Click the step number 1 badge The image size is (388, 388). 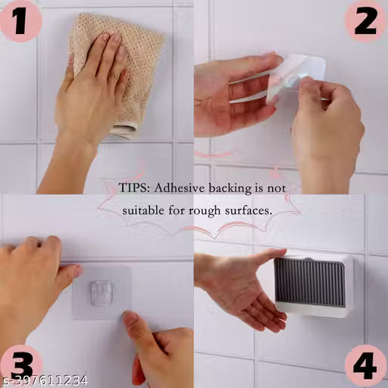coord(20,21)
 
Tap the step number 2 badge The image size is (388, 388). coord(365,21)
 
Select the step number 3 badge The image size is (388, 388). coord(20,365)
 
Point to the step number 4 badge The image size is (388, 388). coord(365,365)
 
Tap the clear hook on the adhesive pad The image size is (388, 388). coord(102,293)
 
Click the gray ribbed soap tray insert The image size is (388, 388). coord(310,283)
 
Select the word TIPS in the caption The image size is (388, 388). coord(134,188)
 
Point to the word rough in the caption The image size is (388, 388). coord(205,211)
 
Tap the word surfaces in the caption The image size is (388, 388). coord(249,211)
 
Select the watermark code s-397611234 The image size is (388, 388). coord(44,380)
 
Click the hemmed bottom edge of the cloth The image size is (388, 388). coord(124,131)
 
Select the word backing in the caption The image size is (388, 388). coord(230,189)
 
